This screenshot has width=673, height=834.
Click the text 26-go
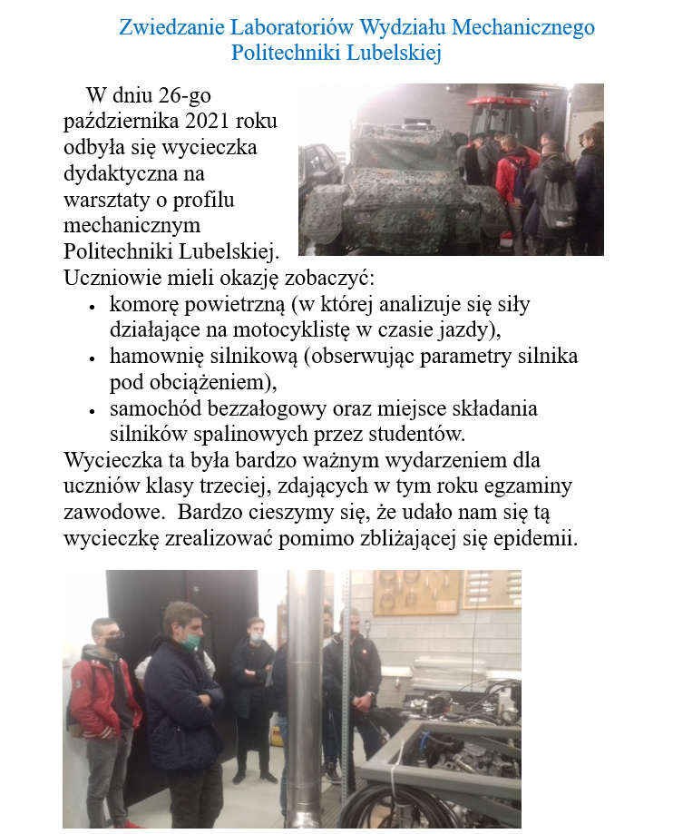[181, 94]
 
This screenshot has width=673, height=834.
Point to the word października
[121, 120]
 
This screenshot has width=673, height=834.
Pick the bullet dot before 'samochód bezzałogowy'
[93, 410]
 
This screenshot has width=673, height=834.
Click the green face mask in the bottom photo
[191, 643]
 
